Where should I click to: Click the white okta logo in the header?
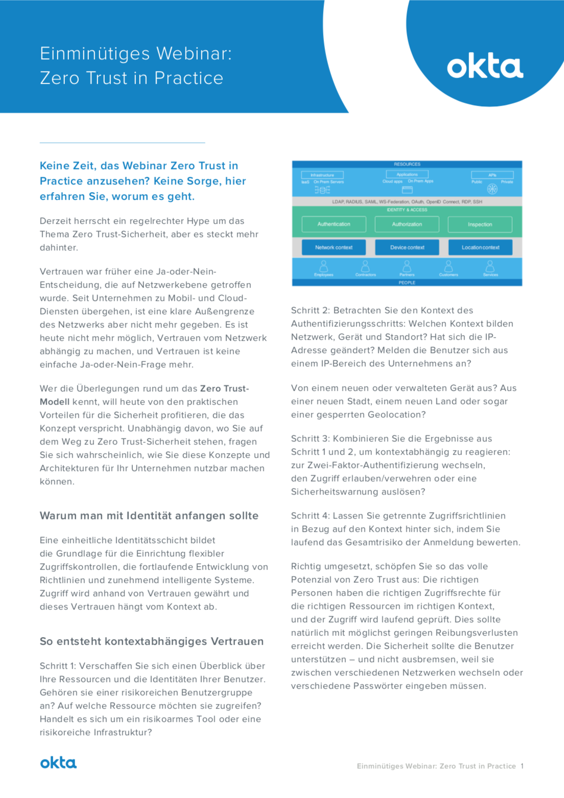pos(485,67)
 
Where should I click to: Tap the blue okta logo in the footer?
pos(58,763)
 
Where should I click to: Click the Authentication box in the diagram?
pos(334,224)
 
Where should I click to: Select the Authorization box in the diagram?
pos(407,224)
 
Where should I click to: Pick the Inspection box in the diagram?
pos(480,224)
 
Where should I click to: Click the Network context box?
pos(334,247)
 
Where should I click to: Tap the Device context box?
pos(407,247)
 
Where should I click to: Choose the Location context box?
pos(480,247)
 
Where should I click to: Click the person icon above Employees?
pos(324,266)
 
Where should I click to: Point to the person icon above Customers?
pos(449,266)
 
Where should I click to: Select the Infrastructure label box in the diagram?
pos(322,175)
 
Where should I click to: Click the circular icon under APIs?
pos(492,190)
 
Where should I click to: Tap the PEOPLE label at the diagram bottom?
pos(407,283)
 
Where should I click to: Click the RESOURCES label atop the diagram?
pos(407,164)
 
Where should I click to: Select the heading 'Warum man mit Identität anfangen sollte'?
pos(149,516)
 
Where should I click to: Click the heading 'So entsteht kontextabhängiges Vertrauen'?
pos(152,642)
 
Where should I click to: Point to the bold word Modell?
pos(55,402)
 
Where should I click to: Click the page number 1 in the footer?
pos(522,766)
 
